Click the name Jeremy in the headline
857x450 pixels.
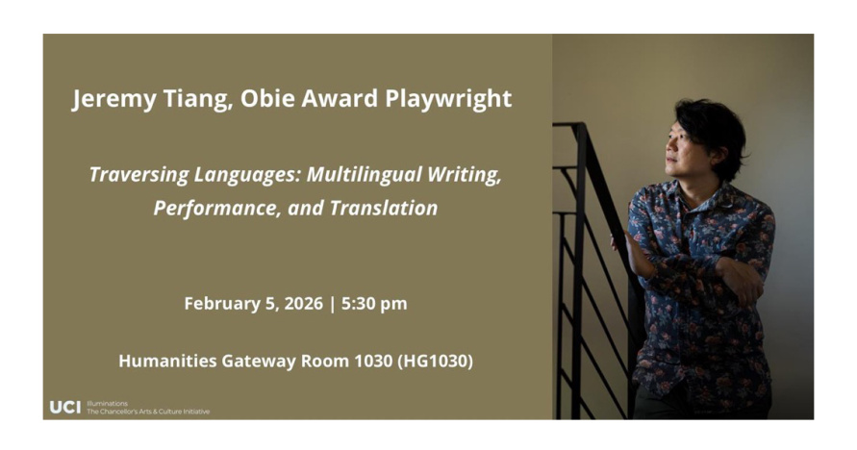[x=114, y=99]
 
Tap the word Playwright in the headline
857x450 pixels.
[x=448, y=99]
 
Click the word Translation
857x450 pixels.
[x=384, y=208]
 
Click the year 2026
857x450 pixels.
[x=304, y=304]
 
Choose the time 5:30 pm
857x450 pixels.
[x=374, y=304]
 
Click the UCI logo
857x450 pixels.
[x=65, y=408]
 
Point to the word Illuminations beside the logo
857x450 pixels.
[x=107, y=404]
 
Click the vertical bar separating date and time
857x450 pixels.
[x=332, y=304]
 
